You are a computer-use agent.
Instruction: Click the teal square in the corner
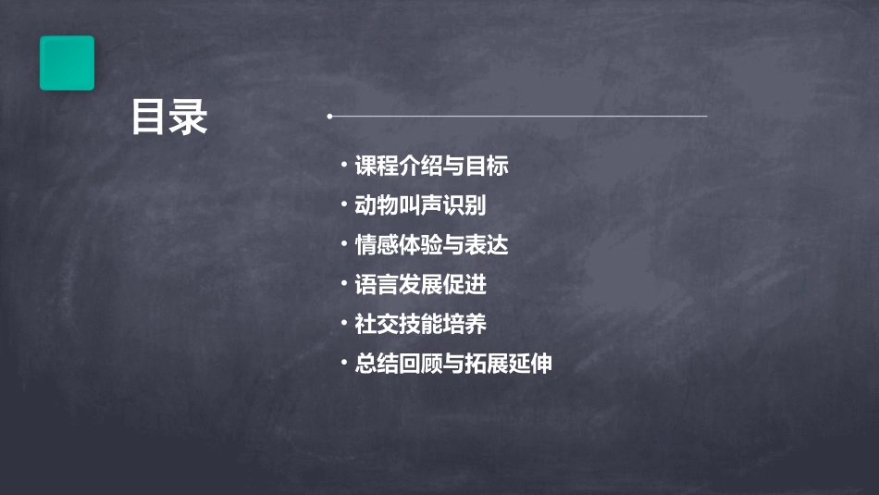pos(67,63)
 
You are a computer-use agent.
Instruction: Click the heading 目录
pos(169,118)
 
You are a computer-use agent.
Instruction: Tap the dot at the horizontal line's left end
pos(329,117)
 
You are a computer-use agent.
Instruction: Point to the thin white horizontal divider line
pos(518,117)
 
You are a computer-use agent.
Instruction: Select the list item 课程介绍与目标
pos(432,167)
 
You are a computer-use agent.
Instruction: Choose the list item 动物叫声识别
pos(420,205)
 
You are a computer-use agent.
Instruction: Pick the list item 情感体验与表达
pos(432,245)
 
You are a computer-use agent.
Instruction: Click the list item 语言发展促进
pos(420,285)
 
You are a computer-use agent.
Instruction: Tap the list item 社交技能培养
pos(420,324)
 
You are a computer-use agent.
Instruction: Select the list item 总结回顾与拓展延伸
pos(453,364)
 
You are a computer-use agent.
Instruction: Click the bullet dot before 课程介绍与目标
pos(344,166)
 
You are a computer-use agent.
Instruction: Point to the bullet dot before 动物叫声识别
pos(344,204)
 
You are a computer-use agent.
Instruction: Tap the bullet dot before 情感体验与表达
pos(344,244)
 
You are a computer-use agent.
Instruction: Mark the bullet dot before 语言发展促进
pos(344,284)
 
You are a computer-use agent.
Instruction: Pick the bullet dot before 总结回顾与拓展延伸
pos(344,363)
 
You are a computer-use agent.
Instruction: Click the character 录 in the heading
pos(189,118)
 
